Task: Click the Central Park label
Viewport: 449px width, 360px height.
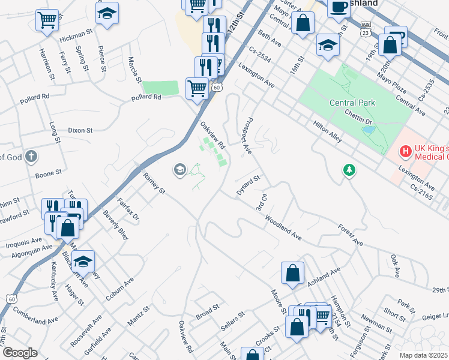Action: pos(352,103)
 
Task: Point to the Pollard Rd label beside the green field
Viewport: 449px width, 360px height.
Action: pos(146,97)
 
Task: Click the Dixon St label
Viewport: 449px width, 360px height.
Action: pos(80,130)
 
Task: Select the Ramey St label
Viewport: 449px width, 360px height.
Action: pos(154,184)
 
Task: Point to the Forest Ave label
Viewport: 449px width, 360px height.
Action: pos(351,235)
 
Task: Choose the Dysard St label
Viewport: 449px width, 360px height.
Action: pos(247,181)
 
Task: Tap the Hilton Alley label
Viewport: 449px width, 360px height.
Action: pos(327,132)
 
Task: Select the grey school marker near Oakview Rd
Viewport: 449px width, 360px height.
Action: pos(179,170)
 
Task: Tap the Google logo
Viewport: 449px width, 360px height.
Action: pos(20,353)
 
